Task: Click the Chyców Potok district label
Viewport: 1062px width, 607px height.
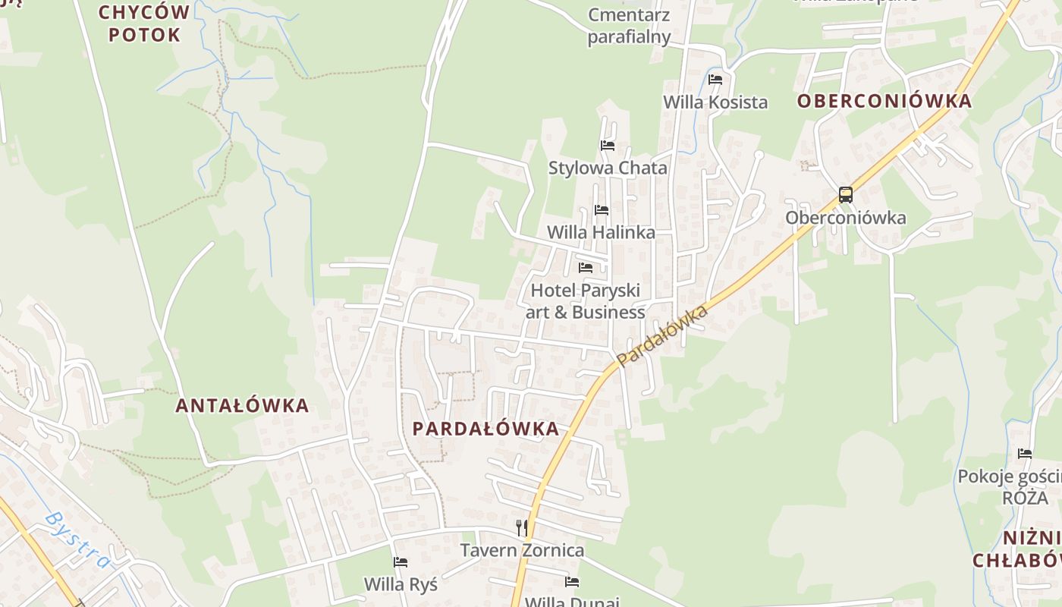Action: click(x=144, y=24)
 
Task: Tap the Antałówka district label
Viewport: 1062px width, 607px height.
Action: click(x=242, y=406)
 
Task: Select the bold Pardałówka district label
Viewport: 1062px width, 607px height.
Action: click(x=485, y=429)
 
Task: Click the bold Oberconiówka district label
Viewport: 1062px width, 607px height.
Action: click(x=884, y=102)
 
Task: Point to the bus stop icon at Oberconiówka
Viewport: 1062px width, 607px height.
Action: click(x=845, y=195)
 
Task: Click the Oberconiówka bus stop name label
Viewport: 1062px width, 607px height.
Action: click(x=845, y=218)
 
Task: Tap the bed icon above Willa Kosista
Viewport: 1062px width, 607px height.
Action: click(x=715, y=80)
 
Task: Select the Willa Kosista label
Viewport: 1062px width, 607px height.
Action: click(x=715, y=102)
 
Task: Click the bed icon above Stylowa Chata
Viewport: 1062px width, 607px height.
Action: click(x=607, y=146)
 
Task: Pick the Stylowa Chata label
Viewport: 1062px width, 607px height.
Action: click(x=608, y=168)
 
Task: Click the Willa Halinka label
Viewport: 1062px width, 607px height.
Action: click(x=601, y=232)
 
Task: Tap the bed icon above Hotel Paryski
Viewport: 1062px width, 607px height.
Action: click(x=585, y=268)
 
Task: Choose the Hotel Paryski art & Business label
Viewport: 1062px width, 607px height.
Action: click(x=585, y=301)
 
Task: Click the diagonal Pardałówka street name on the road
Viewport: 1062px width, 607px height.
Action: click(x=661, y=335)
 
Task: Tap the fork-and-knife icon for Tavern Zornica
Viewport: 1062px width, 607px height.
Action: click(x=521, y=528)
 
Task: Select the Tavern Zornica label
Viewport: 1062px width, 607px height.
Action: click(x=523, y=550)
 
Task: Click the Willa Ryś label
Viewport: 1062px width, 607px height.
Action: click(x=401, y=584)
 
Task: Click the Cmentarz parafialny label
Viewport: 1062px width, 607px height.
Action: click(x=629, y=26)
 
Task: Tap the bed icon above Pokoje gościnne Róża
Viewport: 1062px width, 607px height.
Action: click(x=1025, y=454)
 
